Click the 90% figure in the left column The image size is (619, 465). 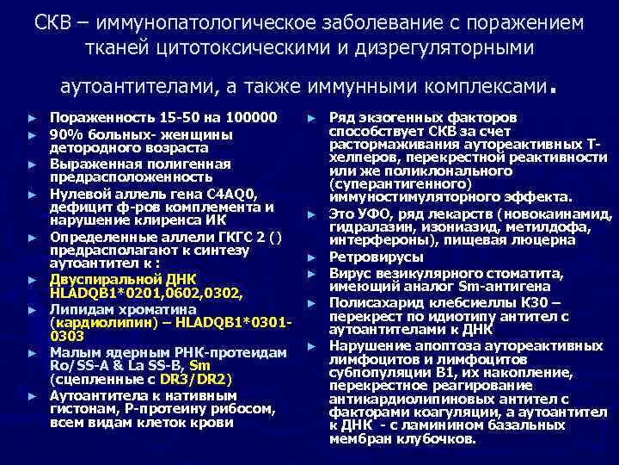pos(63,134)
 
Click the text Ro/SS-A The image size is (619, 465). pos(76,364)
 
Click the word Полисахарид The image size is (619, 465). pos(371,302)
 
